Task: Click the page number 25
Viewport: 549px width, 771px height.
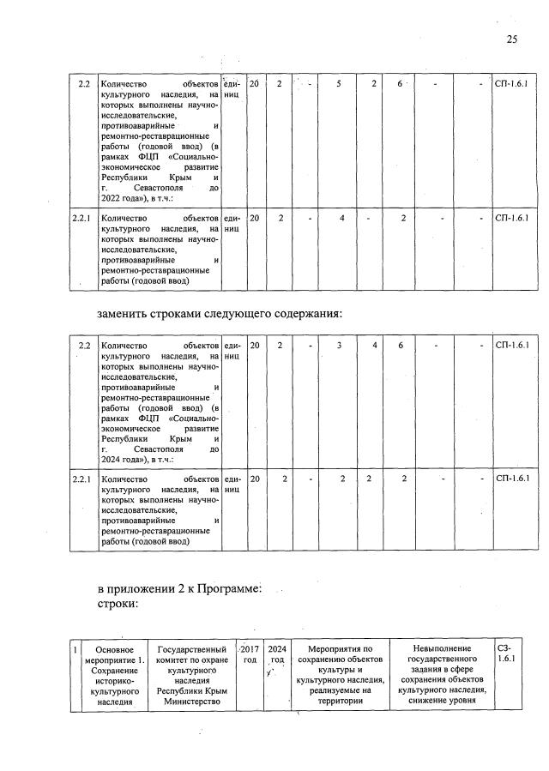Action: click(512, 39)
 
